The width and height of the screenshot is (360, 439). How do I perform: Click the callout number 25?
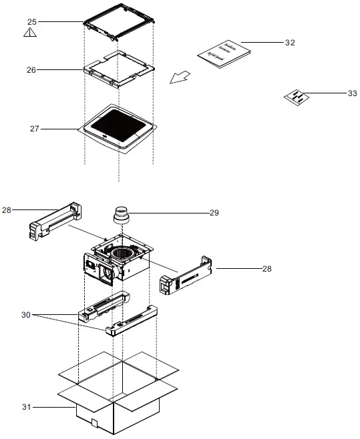tap(31, 22)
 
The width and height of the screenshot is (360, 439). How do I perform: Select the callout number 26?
tap(31, 69)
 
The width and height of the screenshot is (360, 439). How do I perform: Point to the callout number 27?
tap(35, 128)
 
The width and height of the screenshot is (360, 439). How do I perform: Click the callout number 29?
tap(214, 213)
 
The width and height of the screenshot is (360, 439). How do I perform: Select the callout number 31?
tap(27, 406)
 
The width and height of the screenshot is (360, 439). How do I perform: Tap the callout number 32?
tap(290, 43)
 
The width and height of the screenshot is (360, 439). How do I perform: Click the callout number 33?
tap(352, 94)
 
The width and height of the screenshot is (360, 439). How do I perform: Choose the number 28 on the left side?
tap(7, 209)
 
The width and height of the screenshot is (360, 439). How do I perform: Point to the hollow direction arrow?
tap(178, 79)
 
